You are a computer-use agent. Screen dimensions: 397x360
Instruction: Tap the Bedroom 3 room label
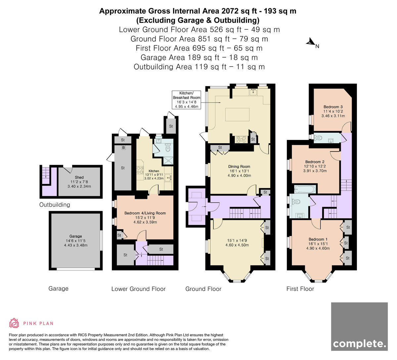point(333,107)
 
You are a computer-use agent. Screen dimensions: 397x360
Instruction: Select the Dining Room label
point(239,166)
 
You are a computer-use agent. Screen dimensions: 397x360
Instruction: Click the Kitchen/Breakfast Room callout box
point(187,100)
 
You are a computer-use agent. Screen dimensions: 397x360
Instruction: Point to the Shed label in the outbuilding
point(79,177)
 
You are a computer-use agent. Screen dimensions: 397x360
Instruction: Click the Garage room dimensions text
point(76,243)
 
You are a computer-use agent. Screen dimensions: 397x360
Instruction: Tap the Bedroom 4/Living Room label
point(145,213)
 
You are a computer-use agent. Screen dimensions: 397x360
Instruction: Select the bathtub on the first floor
point(305,189)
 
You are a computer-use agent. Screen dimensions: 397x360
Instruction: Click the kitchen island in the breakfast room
point(237,114)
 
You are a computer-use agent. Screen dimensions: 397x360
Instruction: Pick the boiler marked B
point(123,148)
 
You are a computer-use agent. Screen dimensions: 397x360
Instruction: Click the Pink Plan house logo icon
point(14,323)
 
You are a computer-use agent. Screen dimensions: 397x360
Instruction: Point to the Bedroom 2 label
point(315,162)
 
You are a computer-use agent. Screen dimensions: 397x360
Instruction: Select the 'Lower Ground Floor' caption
point(138,289)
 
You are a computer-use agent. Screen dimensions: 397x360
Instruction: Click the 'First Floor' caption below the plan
point(300,289)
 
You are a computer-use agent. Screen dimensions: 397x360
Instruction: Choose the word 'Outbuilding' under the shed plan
point(55,204)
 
